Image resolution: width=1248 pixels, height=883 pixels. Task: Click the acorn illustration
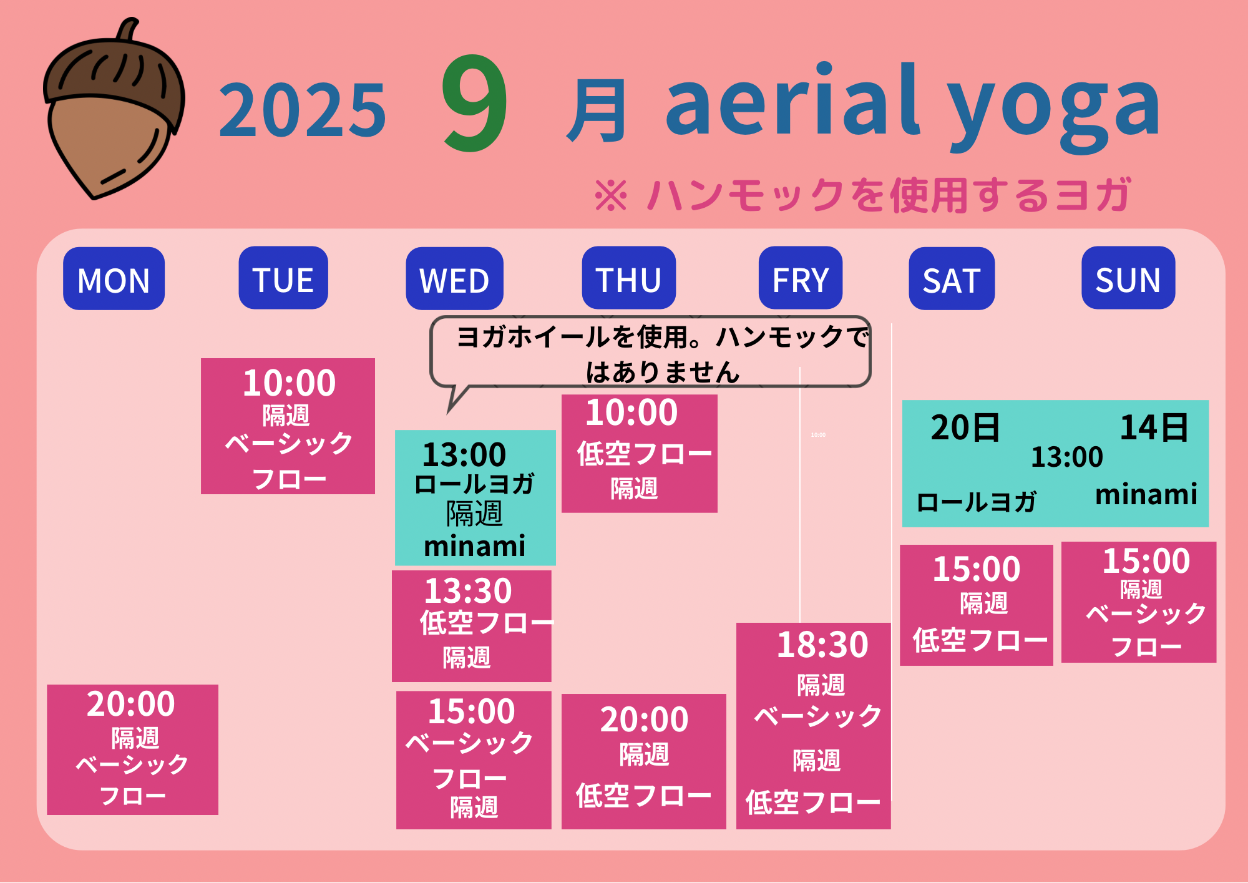coord(114,109)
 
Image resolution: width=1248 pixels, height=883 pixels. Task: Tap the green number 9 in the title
coord(474,104)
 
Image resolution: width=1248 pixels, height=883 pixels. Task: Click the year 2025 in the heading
coord(303,111)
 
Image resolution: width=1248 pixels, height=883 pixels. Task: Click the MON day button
coord(114,279)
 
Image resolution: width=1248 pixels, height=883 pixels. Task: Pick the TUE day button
coord(283,278)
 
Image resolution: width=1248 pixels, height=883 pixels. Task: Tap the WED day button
coord(454,279)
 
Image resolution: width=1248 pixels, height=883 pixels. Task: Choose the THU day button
coord(628,278)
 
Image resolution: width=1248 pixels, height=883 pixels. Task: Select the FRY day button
coord(801,278)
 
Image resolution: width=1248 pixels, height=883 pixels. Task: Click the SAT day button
coord(952,279)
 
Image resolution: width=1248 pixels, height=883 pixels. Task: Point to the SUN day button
coord(1128,278)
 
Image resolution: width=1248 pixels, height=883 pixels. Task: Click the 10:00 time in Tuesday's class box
coord(289,383)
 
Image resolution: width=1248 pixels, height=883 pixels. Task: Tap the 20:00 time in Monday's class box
coord(131,704)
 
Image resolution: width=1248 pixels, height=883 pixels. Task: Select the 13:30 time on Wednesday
coord(468,590)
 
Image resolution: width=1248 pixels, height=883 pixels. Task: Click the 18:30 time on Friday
coord(822,645)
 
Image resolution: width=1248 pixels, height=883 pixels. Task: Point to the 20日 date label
coord(965,428)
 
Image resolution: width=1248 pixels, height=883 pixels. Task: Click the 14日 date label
coord(1154,428)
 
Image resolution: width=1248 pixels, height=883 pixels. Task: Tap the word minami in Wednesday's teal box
coord(474,546)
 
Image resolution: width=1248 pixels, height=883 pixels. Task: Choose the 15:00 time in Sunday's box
coord(1146,560)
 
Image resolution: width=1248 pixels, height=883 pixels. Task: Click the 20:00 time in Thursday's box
coord(644,720)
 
